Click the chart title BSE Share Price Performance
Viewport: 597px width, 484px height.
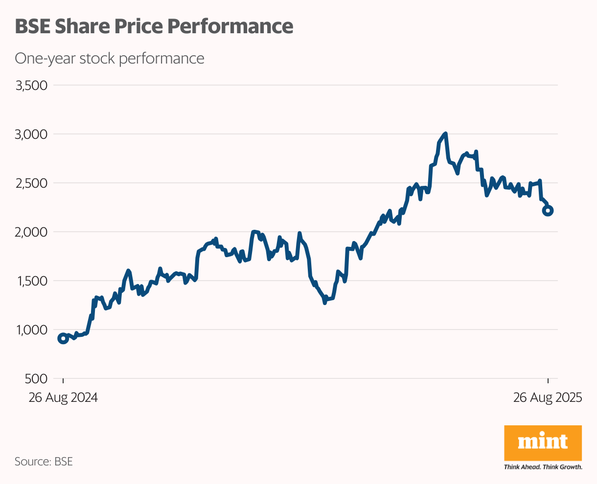click(154, 26)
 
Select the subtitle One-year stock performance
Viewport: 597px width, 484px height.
click(110, 58)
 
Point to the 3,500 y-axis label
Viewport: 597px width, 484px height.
click(32, 86)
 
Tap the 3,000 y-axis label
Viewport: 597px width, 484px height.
click(32, 134)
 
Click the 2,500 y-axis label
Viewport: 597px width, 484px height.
click(32, 183)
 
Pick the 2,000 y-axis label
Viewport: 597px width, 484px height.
click(32, 232)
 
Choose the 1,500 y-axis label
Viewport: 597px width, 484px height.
click(32, 281)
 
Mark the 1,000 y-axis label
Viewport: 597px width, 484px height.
click(32, 330)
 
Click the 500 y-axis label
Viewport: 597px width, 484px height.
click(37, 379)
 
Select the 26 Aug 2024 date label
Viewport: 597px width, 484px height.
click(63, 397)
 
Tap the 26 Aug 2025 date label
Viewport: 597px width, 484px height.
click(548, 397)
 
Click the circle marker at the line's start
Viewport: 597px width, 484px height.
click(63, 338)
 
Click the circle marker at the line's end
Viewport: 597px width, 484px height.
click(548, 211)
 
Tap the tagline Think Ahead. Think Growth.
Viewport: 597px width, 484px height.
click(543, 467)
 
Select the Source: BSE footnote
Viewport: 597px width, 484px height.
click(44, 462)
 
